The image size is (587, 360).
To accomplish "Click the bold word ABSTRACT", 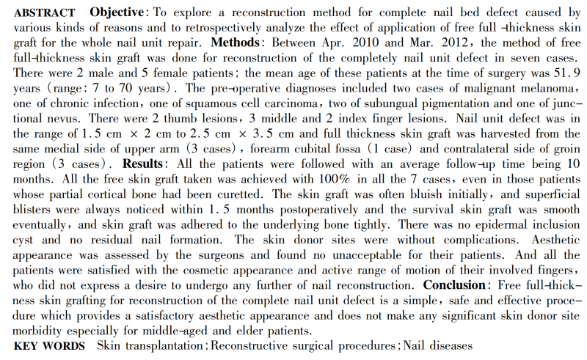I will tap(44, 13).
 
